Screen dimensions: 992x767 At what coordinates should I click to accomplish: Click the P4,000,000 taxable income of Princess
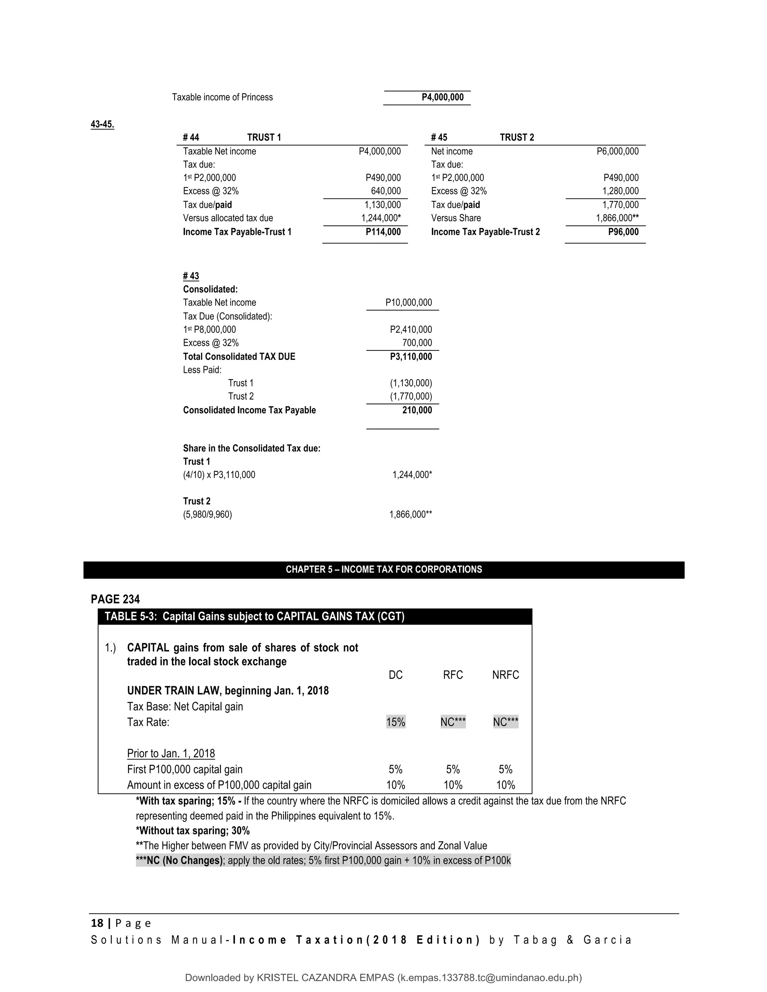click(442, 97)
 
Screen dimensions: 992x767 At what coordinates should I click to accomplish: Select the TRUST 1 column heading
click(264, 137)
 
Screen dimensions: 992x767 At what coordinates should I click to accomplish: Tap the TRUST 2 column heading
click(516, 137)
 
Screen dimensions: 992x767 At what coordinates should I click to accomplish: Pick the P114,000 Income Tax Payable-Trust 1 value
click(383, 232)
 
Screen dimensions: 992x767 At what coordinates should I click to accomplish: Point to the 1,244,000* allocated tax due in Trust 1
click(381, 218)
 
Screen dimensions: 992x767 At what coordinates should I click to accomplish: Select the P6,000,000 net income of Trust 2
click(617, 151)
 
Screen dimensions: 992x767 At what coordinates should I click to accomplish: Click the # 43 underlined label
click(191, 276)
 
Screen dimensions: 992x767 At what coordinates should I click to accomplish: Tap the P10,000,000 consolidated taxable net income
click(409, 302)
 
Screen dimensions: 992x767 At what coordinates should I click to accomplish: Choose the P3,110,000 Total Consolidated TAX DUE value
click(411, 356)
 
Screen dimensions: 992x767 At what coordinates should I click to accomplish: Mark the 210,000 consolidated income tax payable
click(417, 410)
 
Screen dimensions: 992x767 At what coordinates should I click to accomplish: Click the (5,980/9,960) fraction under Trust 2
click(207, 515)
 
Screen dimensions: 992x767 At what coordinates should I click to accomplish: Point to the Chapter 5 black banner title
click(383, 570)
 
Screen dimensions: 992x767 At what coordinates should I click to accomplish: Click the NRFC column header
click(505, 675)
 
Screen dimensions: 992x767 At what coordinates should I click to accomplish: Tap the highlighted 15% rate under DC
click(395, 722)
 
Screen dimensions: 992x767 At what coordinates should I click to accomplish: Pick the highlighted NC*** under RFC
click(452, 722)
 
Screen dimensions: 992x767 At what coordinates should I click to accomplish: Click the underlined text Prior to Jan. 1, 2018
click(171, 754)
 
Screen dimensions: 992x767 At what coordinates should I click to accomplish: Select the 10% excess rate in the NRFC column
click(505, 785)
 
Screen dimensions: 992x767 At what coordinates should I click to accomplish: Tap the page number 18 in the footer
click(97, 923)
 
